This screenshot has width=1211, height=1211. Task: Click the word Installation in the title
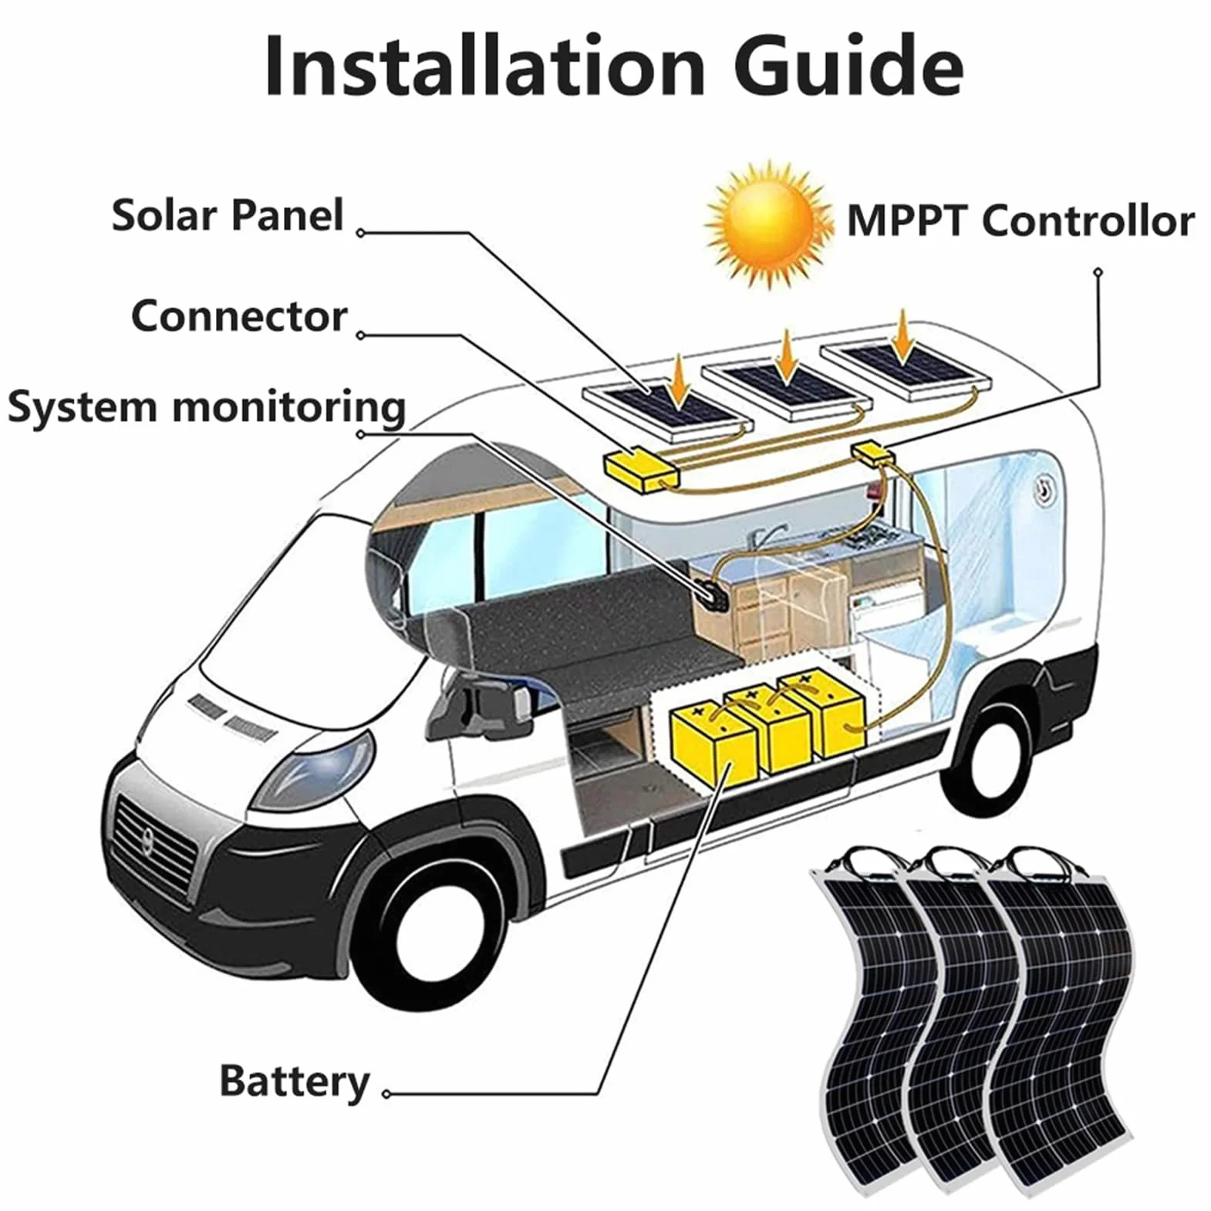484,66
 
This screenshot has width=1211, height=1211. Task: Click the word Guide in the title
848,66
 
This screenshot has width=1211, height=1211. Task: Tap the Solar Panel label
228,215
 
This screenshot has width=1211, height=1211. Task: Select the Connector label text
239,316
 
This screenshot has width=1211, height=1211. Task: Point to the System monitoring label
207,407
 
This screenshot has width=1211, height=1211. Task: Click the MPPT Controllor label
1020,221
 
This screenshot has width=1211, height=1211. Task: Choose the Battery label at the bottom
295,1081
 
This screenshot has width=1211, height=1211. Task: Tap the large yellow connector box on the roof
639,470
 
